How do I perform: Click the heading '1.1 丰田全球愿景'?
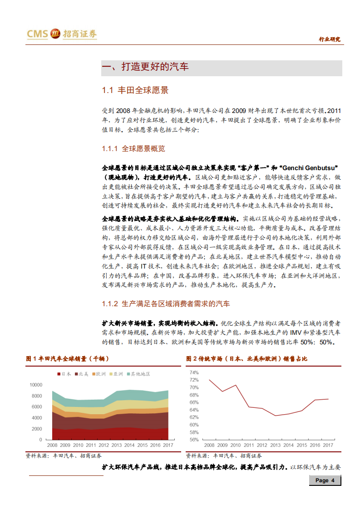point(135,90)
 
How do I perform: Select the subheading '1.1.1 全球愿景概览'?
point(133,148)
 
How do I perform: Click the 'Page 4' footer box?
point(325,480)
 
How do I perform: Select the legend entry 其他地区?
point(140,374)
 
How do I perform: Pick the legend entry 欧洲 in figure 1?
point(100,374)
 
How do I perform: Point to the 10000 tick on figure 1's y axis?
point(35,385)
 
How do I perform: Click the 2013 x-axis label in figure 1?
point(117,446)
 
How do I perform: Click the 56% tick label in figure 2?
point(194,439)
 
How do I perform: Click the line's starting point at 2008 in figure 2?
point(209,380)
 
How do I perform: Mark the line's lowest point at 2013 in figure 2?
point(276,416)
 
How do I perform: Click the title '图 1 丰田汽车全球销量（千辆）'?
point(68,359)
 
